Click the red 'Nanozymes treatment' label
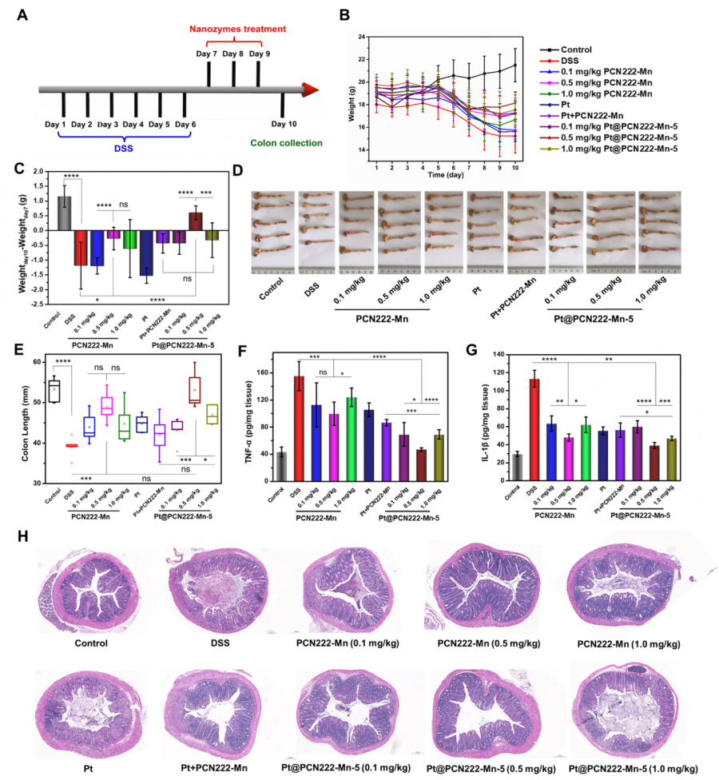point(237,30)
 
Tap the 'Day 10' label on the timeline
point(284,124)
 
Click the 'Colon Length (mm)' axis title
point(16,422)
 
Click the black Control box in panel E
point(54,392)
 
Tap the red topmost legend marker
point(550,61)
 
